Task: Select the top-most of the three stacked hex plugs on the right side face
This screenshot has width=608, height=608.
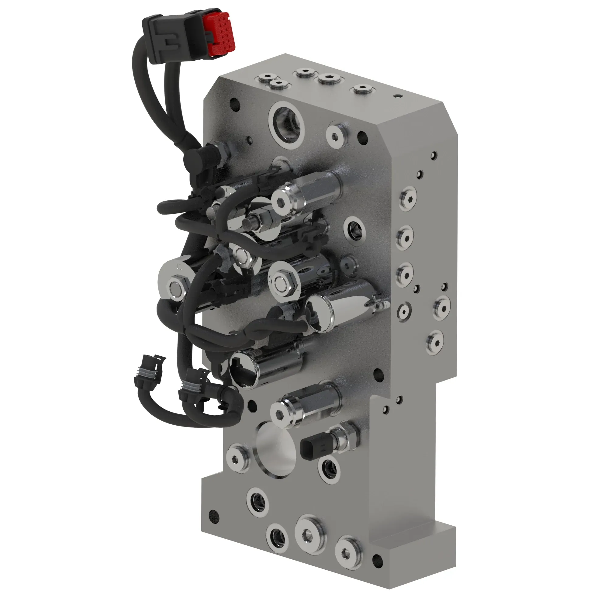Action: [408, 198]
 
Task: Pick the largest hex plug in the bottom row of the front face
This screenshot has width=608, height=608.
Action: [310, 531]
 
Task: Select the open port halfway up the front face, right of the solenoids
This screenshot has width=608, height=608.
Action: [355, 229]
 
